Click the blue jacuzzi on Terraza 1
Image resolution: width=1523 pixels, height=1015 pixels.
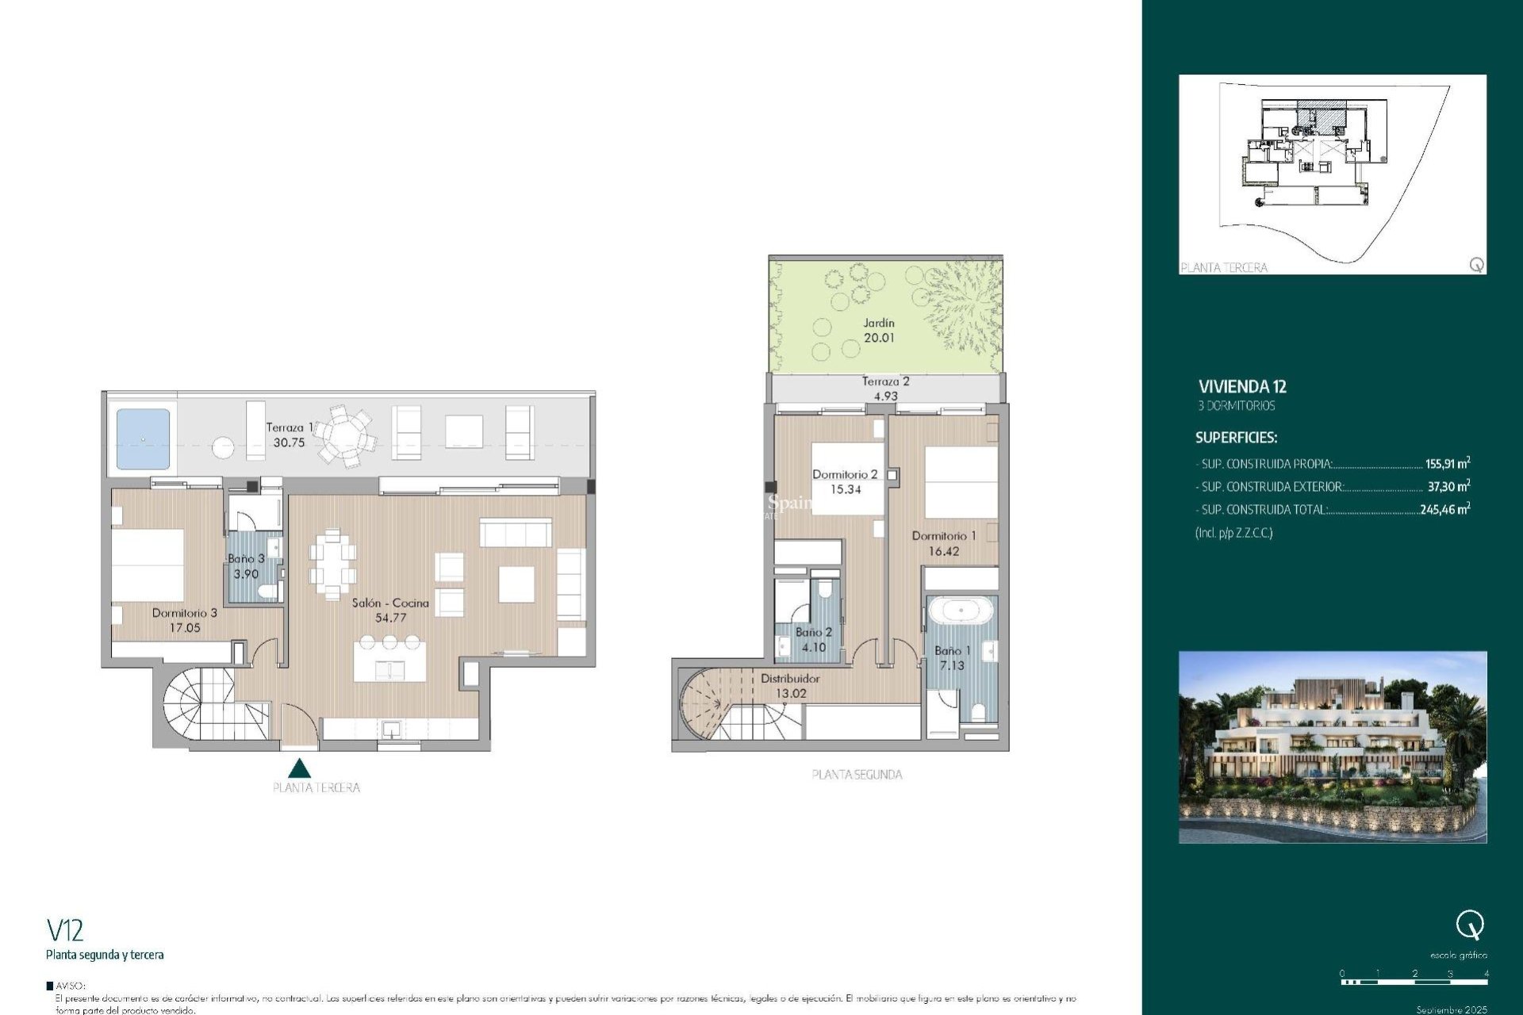[x=143, y=439]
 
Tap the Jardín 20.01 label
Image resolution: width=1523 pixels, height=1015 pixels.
[x=879, y=331]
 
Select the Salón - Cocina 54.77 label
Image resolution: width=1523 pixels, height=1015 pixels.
[x=390, y=610]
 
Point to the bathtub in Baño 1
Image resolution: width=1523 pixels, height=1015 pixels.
[x=961, y=611]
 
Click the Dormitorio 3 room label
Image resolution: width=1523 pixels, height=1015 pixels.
[x=185, y=620]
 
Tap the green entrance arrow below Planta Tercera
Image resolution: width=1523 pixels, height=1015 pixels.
[x=299, y=768]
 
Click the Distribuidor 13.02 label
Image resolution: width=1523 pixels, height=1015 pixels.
[x=790, y=686]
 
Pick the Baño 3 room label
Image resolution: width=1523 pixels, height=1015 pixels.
[x=246, y=566]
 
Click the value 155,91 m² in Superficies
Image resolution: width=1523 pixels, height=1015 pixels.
[x=1448, y=464]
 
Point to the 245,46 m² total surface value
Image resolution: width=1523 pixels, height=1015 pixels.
[x=1444, y=510]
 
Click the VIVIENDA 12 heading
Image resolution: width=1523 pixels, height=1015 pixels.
[x=1242, y=387]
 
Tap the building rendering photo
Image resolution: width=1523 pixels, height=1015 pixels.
[x=1333, y=747]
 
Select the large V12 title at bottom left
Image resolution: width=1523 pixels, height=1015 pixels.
[x=65, y=930]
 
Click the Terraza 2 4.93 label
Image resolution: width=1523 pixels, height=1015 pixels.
[x=885, y=389]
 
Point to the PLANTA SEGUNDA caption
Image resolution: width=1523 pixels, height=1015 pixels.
[x=857, y=775]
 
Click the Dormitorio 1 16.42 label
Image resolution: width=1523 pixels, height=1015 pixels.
[x=944, y=543]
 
